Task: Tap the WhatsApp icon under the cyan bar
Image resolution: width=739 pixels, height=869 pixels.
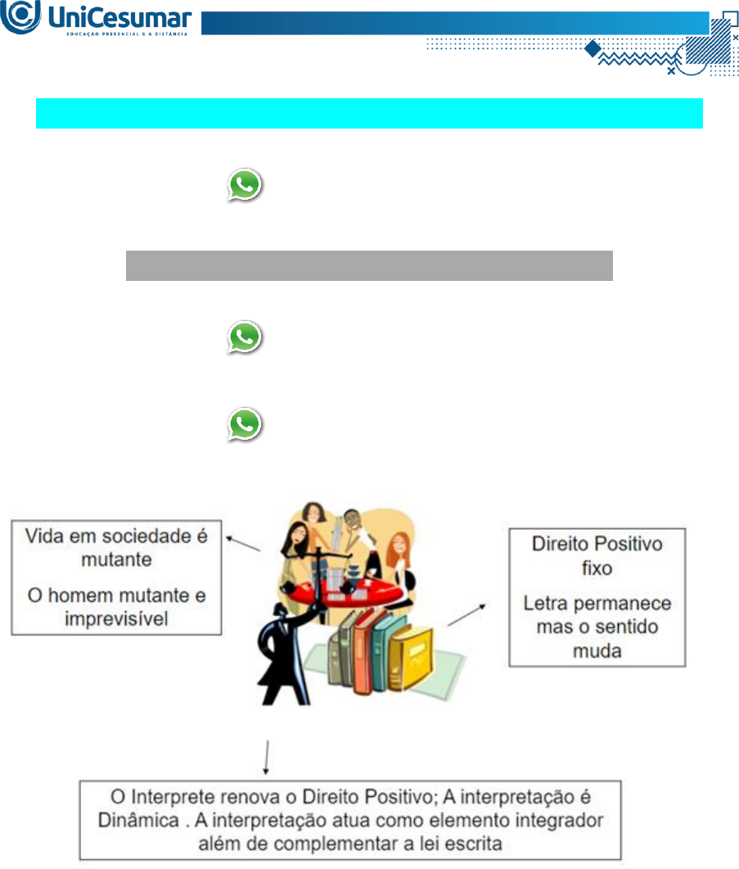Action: tap(245, 186)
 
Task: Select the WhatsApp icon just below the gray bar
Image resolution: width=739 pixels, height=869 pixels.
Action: tap(245, 337)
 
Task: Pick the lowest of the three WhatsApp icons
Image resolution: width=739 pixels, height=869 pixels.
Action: tap(245, 426)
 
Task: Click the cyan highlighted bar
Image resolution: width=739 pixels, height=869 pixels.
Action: tap(369, 113)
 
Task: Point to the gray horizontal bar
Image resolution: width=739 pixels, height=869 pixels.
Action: tap(369, 265)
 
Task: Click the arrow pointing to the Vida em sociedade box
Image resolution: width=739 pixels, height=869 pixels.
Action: tap(245, 544)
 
